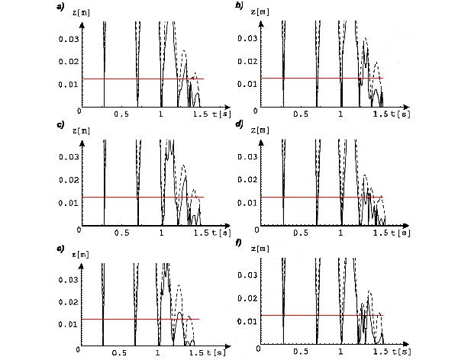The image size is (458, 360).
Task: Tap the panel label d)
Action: click(x=240, y=127)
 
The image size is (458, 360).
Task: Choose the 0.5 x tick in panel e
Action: click(x=119, y=353)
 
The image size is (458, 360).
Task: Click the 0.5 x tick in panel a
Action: click(x=121, y=114)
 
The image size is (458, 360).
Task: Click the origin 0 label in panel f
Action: click(x=260, y=348)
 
